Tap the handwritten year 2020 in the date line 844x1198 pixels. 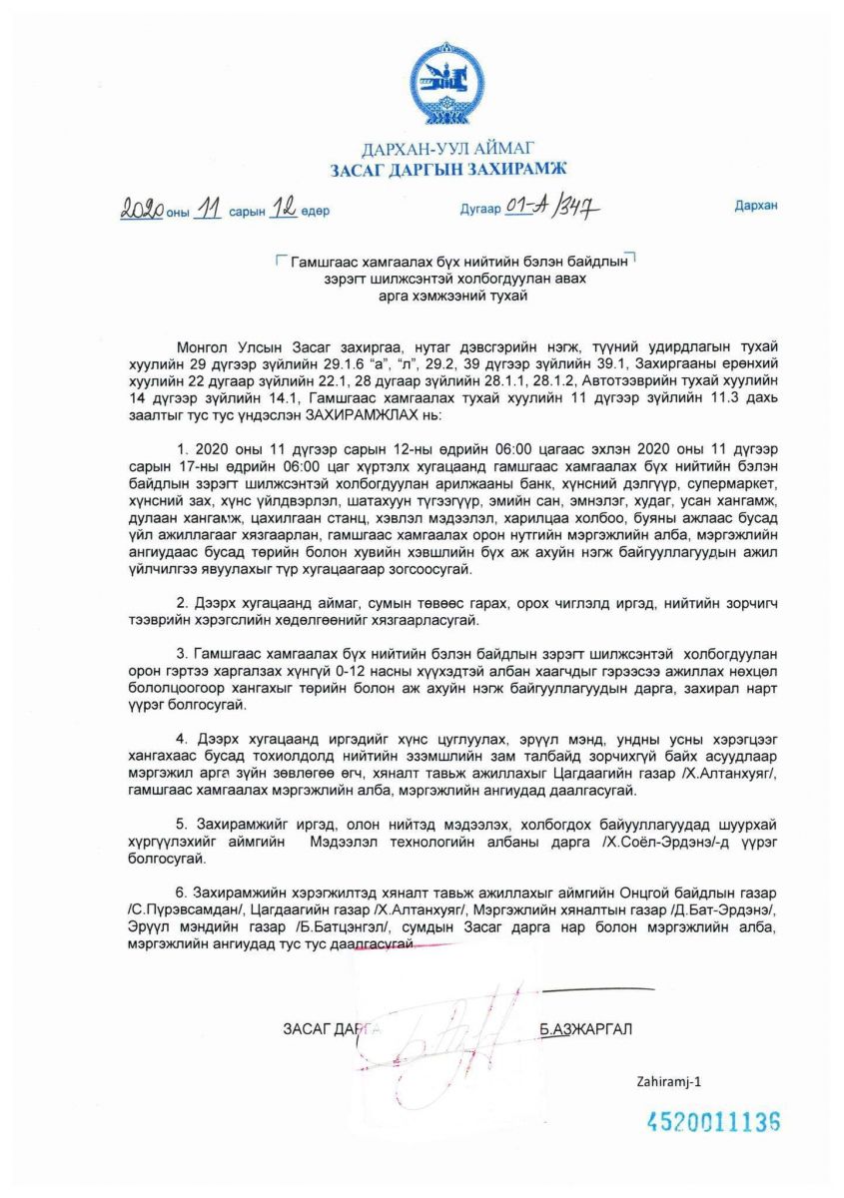tap(143, 210)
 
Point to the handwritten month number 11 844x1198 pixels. tap(209, 210)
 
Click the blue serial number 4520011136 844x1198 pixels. tap(712, 1122)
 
